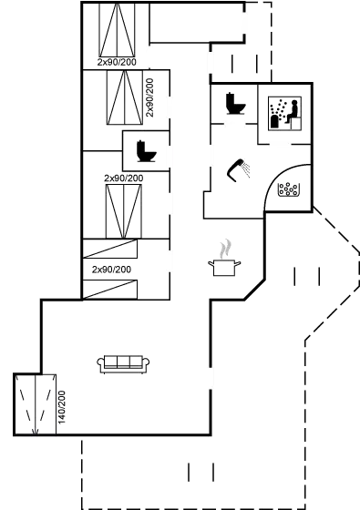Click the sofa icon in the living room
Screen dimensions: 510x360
coord(123,364)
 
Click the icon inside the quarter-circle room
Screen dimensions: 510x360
coord(289,191)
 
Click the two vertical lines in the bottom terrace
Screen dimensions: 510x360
coord(201,471)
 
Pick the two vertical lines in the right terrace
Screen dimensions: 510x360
coord(307,274)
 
